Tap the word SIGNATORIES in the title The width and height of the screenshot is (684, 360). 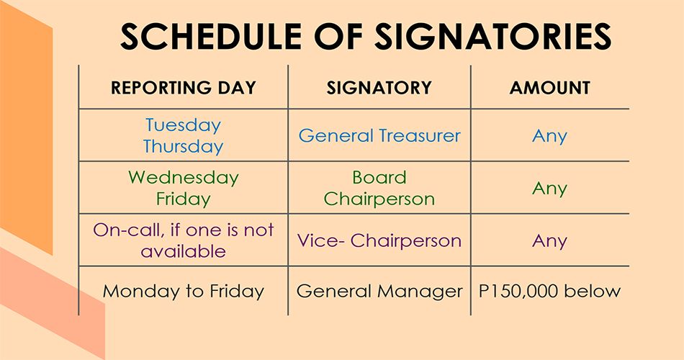[x=493, y=36]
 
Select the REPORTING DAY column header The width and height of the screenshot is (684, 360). [x=183, y=88]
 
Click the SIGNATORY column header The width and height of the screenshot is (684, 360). [x=379, y=88]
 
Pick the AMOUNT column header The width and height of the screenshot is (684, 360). [x=549, y=88]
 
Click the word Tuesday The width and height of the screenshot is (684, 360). [x=183, y=126]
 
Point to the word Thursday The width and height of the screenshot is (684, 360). [x=183, y=147]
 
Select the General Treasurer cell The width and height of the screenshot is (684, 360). [x=379, y=135]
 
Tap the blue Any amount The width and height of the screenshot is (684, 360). [x=549, y=137]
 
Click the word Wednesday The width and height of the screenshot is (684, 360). [x=183, y=178]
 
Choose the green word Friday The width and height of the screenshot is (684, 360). [x=183, y=199]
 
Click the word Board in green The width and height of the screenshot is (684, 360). [x=379, y=178]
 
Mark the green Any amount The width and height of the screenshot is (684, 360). [x=549, y=189]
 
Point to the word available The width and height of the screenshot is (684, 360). [x=183, y=251]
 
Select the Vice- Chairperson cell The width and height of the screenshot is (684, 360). [x=379, y=240]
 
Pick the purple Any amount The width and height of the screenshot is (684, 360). [x=549, y=241]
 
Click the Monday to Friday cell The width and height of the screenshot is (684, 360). [x=183, y=292]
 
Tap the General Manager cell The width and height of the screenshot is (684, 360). [x=379, y=292]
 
